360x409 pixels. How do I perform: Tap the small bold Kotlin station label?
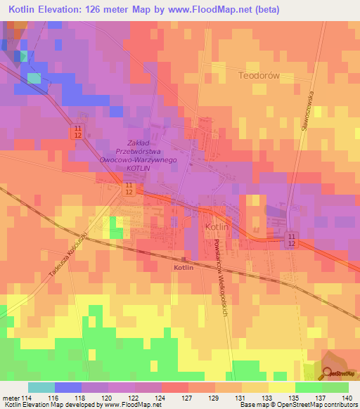(184, 268)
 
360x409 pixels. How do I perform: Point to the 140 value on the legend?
(347, 398)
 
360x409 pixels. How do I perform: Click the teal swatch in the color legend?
(41, 387)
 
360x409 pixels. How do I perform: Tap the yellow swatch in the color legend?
(281, 387)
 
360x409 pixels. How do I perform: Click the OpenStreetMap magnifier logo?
(330, 373)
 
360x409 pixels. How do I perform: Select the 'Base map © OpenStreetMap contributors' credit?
(297, 405)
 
